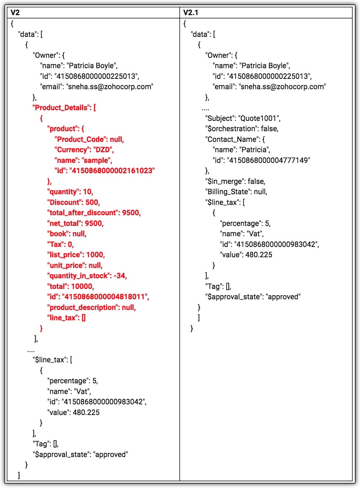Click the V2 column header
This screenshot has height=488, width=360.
pos(15,13)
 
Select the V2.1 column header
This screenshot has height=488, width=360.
pos(191,13)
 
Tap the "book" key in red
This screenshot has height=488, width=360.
pos(58,234)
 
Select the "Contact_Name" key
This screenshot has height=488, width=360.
pos(232,139)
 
